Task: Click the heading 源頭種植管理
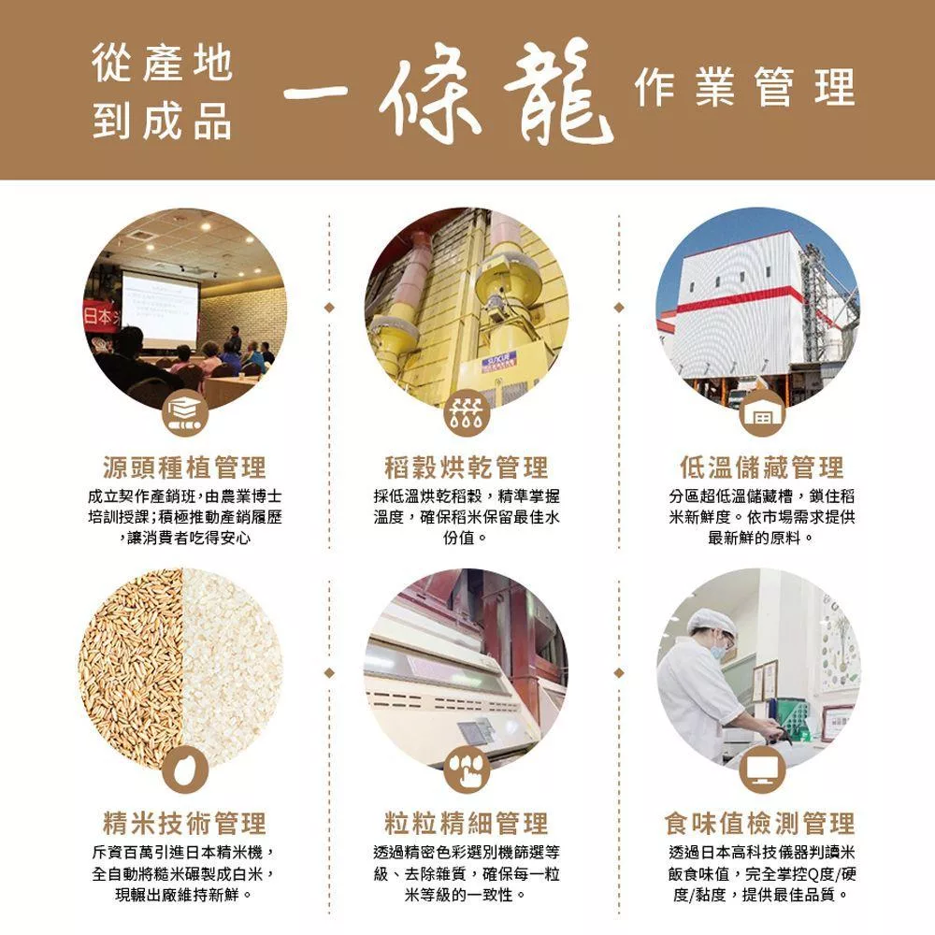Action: [x=185, y=467]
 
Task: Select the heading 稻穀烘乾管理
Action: [x=467, y=467]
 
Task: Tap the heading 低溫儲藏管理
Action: [x=761, y=467]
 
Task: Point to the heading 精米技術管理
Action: [x=185, y=824]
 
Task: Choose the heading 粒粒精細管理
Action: [x=467, y=824]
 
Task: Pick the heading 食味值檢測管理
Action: [x=760, y=824]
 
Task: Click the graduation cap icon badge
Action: [x=185, y=412]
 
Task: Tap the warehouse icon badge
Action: [x=762, y=412]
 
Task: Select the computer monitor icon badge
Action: [x=762, y=770]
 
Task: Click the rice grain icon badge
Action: [x=185, y=770]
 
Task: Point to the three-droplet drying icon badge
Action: [x=467, y=412]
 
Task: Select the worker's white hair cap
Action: [x=712, y=619]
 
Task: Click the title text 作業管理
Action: [x=745, y=87]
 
